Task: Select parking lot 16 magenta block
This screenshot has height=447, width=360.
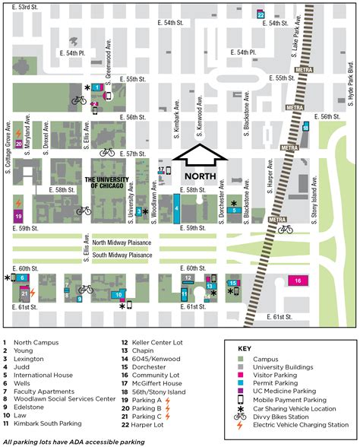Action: click(298, 281)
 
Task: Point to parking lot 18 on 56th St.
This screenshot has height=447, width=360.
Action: click(305, 128)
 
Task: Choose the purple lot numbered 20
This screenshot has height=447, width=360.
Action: click(19, 141)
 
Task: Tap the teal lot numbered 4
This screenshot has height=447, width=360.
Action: click(176, 208)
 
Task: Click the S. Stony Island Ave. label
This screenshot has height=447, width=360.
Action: click(314, 206)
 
